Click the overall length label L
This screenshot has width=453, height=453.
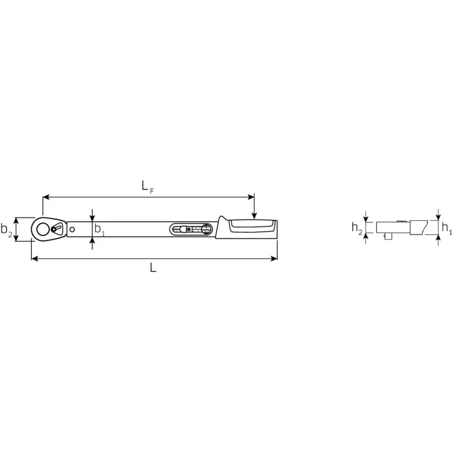coord(153,268)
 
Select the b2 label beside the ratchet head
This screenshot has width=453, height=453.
coord(6,229)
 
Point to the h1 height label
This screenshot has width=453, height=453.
coord(446,228)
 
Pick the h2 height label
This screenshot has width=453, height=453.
coord(357,228)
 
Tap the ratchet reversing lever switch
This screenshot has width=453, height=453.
coord(57,228)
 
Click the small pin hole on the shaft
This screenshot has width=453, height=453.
coord(72,229)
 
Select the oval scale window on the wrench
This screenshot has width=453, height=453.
coord(192,230)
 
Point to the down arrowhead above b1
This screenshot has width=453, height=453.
coord(92,219)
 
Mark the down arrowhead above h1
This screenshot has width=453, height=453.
coord(438,217)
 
